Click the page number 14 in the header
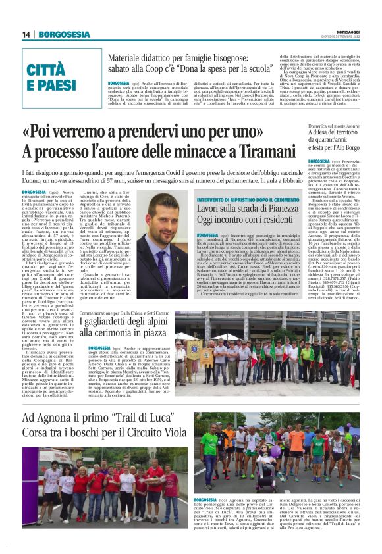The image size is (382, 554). point(27,34)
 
